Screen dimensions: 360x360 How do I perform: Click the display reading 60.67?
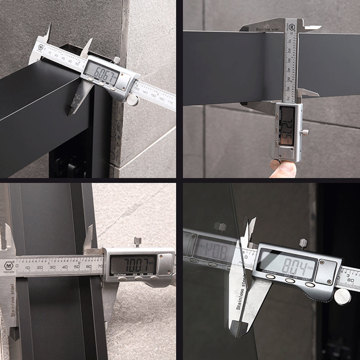tap(102, 72)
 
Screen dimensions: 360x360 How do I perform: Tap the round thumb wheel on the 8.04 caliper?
tap(342, 297)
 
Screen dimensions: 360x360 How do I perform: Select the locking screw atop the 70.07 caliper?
tap(138, 242)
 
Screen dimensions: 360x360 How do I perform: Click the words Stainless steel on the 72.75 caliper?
tap(268, 29)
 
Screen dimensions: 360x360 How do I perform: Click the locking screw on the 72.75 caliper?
tap(305, 132)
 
